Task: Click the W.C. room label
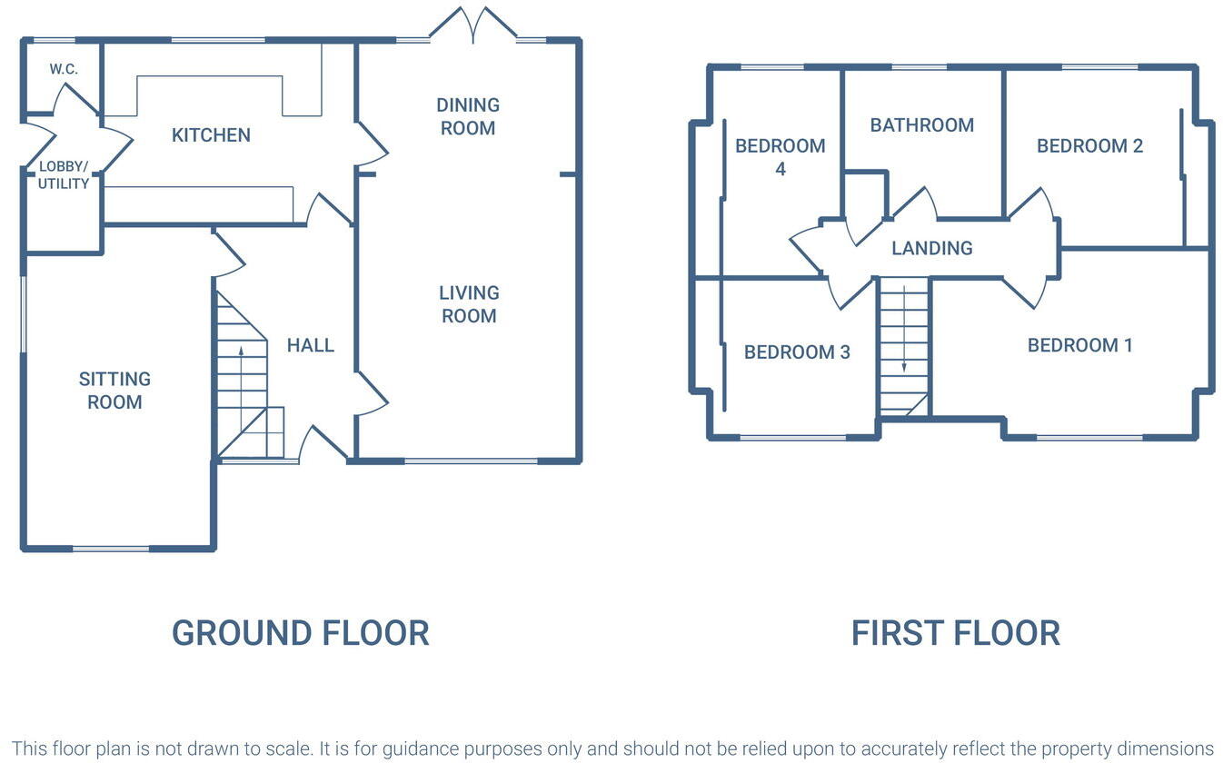(x=64, y=69)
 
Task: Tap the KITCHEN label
(x=211, y=135)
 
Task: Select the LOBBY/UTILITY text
(x=64, y=175)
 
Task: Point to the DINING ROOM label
(x=468, y=116)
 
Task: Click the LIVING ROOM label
(x=469, y=304)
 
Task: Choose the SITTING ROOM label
(x=114, y=391)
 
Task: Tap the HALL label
(x=311, y=345)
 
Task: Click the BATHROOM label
(x=921, y=125)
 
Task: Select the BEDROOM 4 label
(x=780, y=157)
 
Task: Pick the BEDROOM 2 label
(x=1089, y=146)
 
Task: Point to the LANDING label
(x=931, y=248)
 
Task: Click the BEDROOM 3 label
(x=797, y=352)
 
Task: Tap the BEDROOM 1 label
(x=1079, y=345)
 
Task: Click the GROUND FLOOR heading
(x=300, y=633)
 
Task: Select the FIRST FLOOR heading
(x=955, y=633)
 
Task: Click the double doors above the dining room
(x=472, y=25)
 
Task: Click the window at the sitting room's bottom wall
(x=111, y=549)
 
